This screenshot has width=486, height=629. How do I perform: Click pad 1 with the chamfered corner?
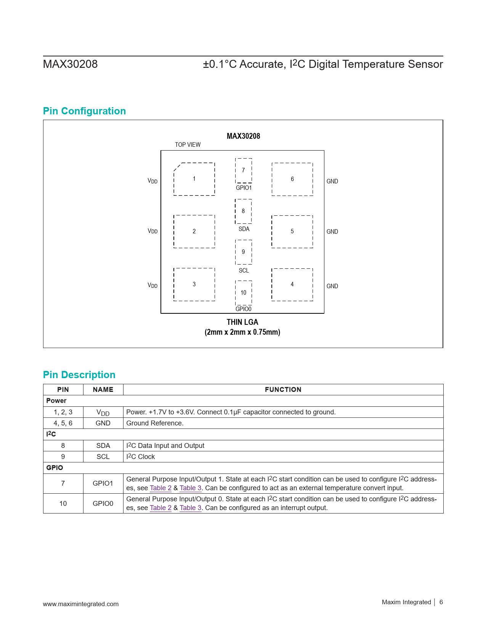(x=194, y=179)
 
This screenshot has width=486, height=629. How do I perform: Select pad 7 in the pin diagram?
(x=243, y=170)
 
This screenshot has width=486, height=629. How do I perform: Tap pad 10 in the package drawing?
(x=243, y=292)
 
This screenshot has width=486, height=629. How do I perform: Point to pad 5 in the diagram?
(x=292, y=231)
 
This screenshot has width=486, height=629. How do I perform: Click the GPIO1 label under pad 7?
(x=244, y=188)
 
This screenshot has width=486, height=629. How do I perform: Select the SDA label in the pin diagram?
(x=244, y=229)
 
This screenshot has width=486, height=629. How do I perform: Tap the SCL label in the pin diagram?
(x=244, y=270)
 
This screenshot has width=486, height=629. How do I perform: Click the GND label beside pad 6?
(x=332, y=181)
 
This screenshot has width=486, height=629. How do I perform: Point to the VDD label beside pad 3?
(x=152, y=286)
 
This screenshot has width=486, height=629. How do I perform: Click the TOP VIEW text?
(x=188, y=144)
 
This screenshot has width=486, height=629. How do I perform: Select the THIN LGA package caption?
(x=242, y=322)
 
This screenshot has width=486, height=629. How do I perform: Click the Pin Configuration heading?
(x=84, y=111)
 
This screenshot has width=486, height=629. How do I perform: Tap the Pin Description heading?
(x=79, y=375)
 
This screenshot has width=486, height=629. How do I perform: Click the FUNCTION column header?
(x=283, y=390)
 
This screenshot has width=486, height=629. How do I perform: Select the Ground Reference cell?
(x=155, y=423)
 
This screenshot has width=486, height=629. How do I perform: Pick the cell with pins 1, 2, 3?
(x=63, y=412)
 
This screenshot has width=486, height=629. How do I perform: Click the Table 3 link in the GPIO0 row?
(x=190, y=508)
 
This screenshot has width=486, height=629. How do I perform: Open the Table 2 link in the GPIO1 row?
(x=160, y=488)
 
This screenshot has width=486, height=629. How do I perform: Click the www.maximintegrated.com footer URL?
(x=80, y=604)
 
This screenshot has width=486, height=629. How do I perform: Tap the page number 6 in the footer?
(x=441, y=602)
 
